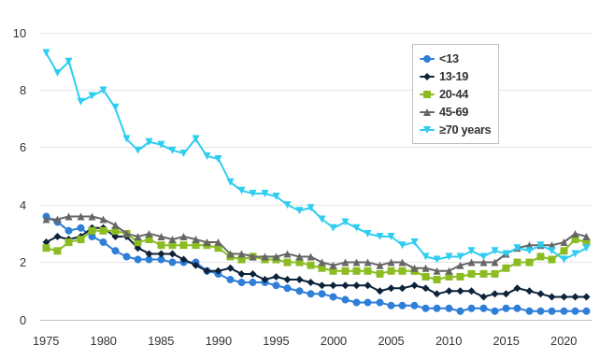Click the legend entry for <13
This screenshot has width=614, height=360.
(449, 58)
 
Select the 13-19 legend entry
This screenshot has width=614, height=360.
(453, 76)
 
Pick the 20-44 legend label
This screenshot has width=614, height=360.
(453, 94)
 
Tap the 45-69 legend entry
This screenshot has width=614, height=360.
(453, 111)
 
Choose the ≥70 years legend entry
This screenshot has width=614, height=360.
(464, 130)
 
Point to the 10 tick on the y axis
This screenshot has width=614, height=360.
(20, 34)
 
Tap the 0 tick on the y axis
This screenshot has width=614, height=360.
(22, 320)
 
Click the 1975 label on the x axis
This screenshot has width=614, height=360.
(46, 341)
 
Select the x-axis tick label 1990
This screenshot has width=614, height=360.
(219, 341)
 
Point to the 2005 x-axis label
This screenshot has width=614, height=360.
(391, 341)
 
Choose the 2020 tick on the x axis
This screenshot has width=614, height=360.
(564, 341)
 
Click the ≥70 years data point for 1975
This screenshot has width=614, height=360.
(46, 52)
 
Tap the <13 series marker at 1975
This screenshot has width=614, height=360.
(46, 216)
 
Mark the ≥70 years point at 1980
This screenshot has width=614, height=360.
(104, 90)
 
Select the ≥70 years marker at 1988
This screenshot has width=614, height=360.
(195, 138)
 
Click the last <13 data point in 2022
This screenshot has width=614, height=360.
(586, 310)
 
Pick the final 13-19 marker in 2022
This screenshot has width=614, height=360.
(586, 296)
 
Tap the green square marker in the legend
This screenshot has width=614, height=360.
(426, 94)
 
